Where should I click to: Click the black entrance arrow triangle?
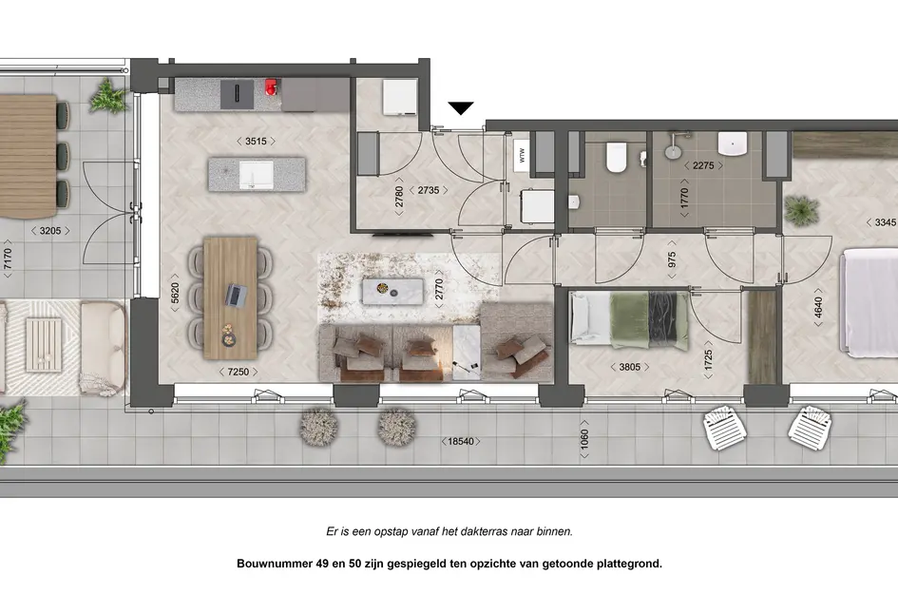click(x=461, y=108)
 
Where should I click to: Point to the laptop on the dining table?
click(x=233, y=296)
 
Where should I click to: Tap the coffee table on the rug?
click(x=392, y=290)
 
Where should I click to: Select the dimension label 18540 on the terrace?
click(x=463, y=441)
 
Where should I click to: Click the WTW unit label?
click(x=521, y=157)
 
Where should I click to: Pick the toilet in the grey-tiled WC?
click(x=615, y=157)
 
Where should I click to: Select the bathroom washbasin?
click(x=734, y=143)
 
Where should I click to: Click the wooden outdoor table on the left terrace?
click(x=26, y=152)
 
